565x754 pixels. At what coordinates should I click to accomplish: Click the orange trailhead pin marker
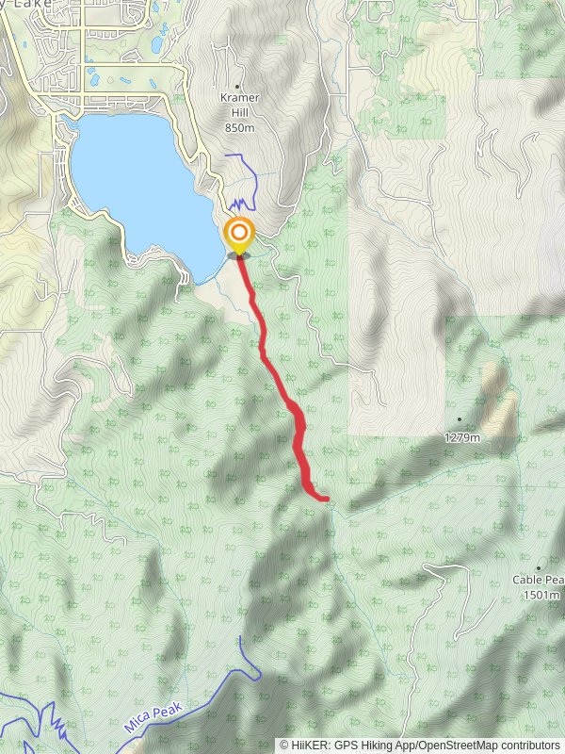[239, 233]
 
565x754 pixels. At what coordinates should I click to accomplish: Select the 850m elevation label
[240, 127]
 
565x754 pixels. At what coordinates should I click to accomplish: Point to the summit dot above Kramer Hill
[237, 86]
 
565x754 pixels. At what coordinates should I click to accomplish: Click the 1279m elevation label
[462, 437]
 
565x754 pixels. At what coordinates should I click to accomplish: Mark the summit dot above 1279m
[460, 419]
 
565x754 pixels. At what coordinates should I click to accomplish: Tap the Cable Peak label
[539, 581]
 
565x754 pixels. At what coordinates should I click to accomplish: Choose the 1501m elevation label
[542, 595]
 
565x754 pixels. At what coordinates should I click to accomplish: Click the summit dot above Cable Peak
[539, 568]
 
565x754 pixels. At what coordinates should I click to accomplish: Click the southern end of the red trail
[326, 499]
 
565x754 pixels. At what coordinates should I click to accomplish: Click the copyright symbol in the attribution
[284, 745]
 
